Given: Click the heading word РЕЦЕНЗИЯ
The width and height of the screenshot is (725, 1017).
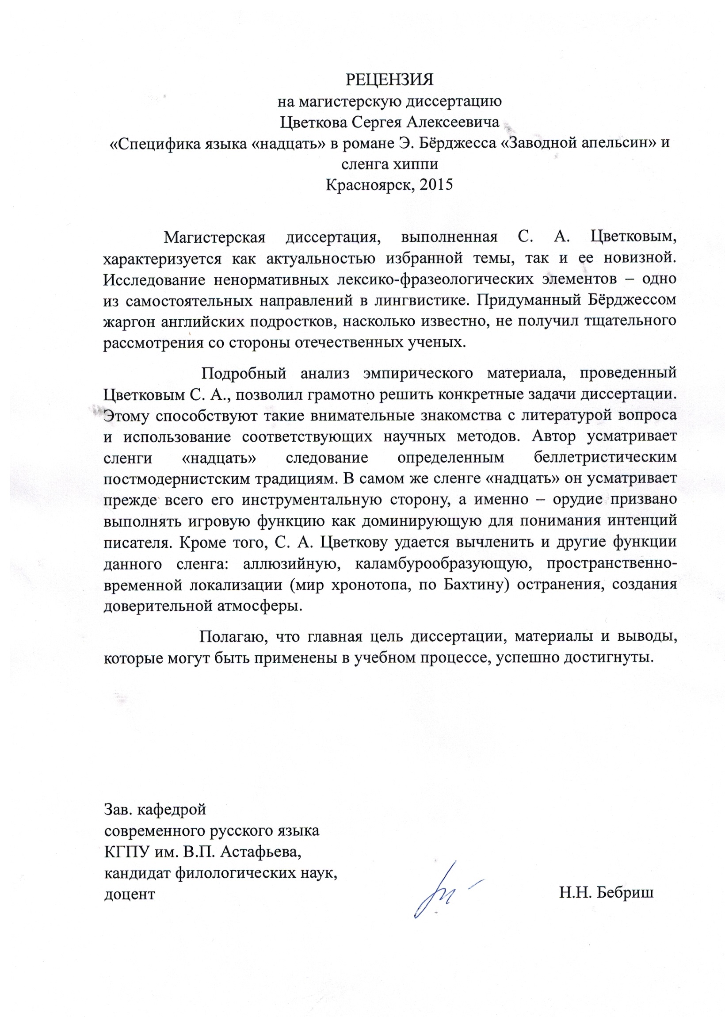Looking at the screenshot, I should [x=390, y=80].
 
